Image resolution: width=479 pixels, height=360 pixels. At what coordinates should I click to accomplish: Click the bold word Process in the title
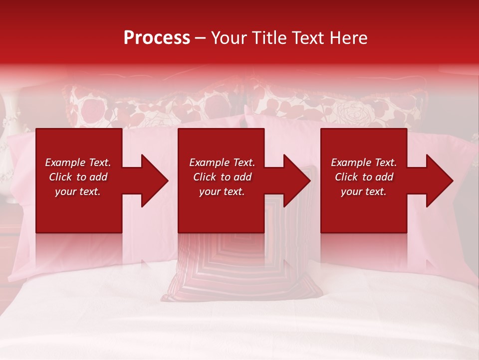pos(157,38)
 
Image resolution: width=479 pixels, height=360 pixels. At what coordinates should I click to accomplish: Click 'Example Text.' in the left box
pos(78,162)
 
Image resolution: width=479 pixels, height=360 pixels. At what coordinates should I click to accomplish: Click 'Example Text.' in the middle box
pos(222,162)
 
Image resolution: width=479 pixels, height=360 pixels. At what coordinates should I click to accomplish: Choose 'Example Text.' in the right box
pos(364,162)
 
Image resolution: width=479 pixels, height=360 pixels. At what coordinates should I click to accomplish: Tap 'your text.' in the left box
pos(78,191)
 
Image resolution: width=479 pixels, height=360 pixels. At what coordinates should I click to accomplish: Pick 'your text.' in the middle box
pos(222,191)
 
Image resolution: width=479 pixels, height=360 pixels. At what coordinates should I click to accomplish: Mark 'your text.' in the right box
pos(364,191)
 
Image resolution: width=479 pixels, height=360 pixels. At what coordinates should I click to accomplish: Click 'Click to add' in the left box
pos(78,177)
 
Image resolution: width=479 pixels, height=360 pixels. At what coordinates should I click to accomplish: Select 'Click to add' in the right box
pos(364,177)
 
